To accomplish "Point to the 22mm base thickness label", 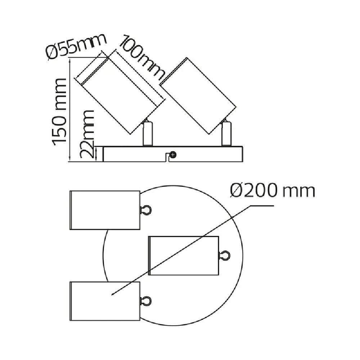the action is click(87, 134).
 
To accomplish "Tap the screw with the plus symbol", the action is click(173, 155).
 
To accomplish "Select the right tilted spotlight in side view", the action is click(198, 96).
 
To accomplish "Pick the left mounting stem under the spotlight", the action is click(148, 134).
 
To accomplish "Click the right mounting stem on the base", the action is click(226, 134).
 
